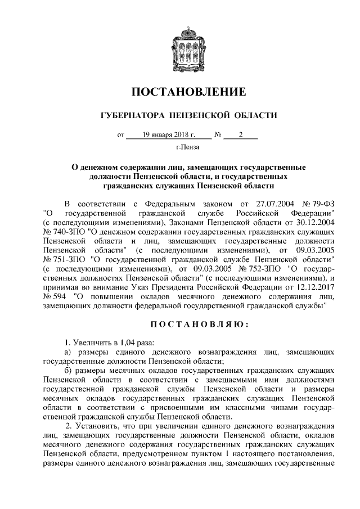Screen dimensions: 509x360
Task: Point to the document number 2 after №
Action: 240,135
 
